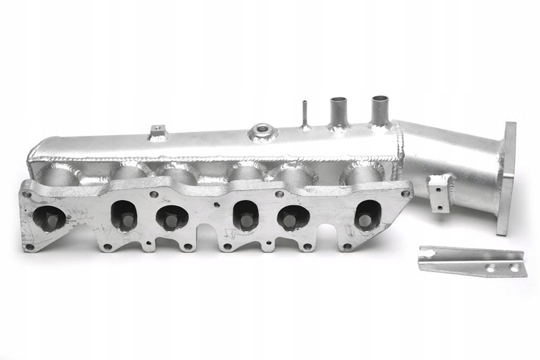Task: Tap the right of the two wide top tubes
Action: [x=380, y=108]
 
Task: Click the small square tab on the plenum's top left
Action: [x=158, y=130]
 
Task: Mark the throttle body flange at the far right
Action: [x=506, y=177]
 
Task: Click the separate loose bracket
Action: [x=470, y=261]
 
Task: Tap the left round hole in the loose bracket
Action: [x=491, y=268]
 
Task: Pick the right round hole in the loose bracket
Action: [x=514, y=268]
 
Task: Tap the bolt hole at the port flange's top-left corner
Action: [x=27, y=195]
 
